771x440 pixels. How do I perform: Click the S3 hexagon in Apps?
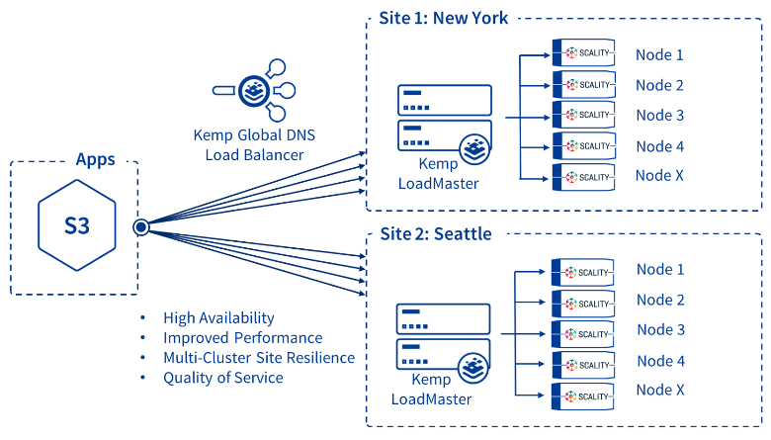(76, 225)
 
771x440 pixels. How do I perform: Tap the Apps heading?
(95, 159)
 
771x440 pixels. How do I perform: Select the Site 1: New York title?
(444, 18)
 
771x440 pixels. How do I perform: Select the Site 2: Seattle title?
(436, 234)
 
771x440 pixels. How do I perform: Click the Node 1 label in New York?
(659, 54)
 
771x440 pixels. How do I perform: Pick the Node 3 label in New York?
(659, 115)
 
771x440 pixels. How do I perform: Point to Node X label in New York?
(659, 176)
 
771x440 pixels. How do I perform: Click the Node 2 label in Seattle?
(659, 300)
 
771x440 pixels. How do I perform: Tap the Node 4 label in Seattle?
(659, 361)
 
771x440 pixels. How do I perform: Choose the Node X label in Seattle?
(659, 391)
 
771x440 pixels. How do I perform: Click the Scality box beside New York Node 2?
(583, 84)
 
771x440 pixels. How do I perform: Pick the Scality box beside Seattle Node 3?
(583, 333)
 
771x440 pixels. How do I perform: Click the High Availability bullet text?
(219, 317)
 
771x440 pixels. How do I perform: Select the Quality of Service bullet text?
(223, 377)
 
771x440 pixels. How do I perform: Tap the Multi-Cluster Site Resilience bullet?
(259, 357)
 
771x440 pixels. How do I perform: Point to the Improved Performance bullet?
(243, 337)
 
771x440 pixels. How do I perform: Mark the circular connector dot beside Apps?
(140, 226)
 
